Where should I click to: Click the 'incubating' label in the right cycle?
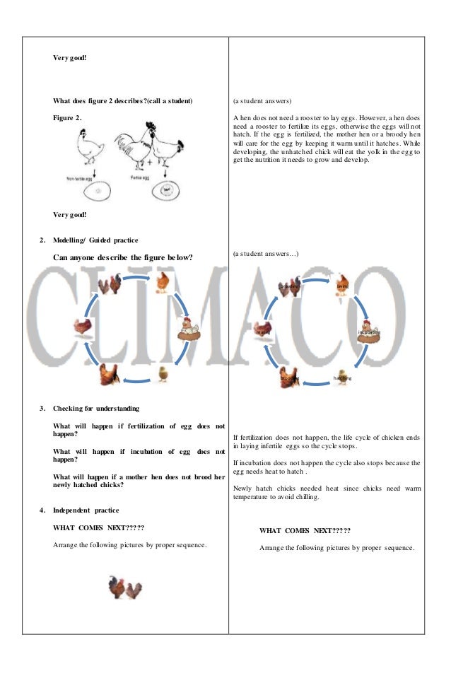(x=369, y=332)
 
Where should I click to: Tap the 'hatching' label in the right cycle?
(x=342, y=378)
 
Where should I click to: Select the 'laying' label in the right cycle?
(x=342, y=286)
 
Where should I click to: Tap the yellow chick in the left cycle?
(x=163, y=373)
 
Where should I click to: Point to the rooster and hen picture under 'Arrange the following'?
(x=126, y=586)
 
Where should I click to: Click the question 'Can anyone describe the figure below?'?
(x=123, y=257)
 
